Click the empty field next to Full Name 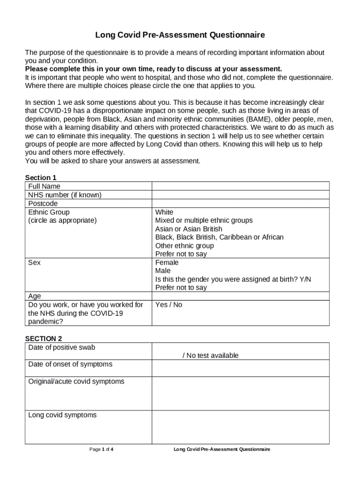(240, 186)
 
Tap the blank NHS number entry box (240, 195)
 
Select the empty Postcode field (240, 203)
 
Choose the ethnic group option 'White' (164, 212)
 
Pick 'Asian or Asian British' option (189, 229)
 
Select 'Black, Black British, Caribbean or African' (219, 237)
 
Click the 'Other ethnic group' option (184, 246)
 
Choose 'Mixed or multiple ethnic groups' (204, 220)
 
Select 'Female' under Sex (167, 262)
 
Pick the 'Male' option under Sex (163, 271)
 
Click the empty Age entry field (240, 296)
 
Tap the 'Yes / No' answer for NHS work (169, 305)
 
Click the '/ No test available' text (210, 356)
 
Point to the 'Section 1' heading (41, 178)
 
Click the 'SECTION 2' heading (43, 338)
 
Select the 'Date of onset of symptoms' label (70, 364)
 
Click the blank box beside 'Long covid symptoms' (240, 427)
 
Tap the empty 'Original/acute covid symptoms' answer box (240, 393)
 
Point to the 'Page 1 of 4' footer (101, 450)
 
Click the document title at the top (180, 35)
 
